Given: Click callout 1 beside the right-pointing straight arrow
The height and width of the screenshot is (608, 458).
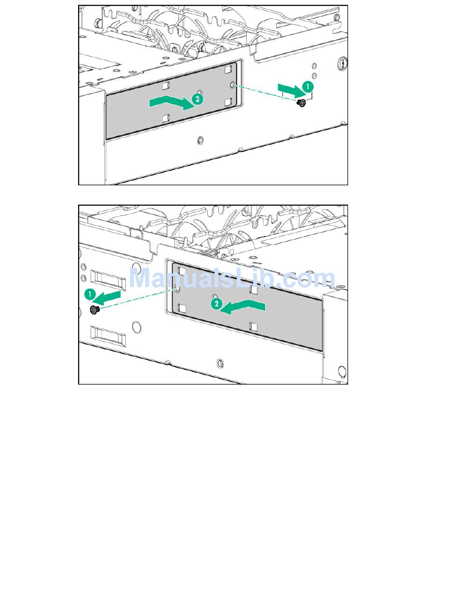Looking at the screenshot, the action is tap(308, 87).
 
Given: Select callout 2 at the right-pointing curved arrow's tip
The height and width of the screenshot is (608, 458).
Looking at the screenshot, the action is tap(198, 99).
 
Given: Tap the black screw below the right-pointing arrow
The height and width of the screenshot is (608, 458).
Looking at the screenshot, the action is tap(301, 103).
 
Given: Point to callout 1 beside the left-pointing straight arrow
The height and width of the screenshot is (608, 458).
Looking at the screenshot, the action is tap(90, 294).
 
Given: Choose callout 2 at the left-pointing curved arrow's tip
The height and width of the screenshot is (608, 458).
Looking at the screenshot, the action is tap(216, 304).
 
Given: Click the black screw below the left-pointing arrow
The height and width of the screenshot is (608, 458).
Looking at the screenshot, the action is tap(94, 309).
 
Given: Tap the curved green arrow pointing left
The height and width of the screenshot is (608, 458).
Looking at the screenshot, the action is tap(242, 307).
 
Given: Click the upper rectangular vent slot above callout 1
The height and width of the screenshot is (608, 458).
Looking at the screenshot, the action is tap(108, 279).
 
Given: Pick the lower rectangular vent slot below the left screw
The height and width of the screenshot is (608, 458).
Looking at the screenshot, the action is tap(108, 336).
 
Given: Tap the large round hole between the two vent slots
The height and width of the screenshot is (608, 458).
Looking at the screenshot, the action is tap(137, 327).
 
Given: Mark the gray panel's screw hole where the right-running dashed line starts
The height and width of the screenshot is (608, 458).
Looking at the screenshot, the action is tap(233, 85).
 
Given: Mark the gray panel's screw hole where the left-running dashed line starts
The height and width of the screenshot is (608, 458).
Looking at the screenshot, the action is tap(177, 289).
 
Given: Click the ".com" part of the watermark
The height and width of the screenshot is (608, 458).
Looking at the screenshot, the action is tap(302, 280).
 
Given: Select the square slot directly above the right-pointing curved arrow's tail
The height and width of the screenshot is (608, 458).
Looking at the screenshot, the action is tap(165, 86).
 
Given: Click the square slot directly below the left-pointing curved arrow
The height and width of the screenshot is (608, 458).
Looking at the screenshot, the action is tap(253, 327).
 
